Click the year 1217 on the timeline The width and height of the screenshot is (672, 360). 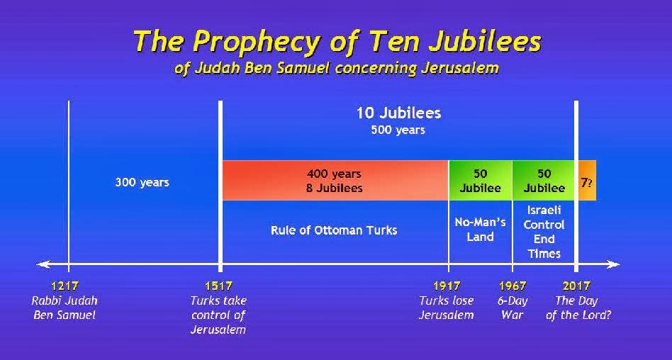tap(65, 286)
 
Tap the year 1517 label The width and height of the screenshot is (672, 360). tap(218, 286)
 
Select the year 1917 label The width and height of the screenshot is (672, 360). tap(447, 286)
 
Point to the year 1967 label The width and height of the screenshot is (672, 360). tap(513, 286)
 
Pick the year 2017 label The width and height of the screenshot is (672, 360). tap(576, 286)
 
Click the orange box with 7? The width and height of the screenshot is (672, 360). tap(587, 181)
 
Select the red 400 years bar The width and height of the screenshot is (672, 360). tap(335, 181)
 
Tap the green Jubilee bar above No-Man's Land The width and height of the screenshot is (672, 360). tap(481, 181)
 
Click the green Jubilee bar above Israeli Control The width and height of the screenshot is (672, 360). tap(544, 181)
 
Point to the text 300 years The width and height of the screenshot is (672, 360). tap(142, 183)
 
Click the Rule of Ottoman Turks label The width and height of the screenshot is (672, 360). tap(334, 230)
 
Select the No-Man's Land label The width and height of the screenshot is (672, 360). tap(480, 230)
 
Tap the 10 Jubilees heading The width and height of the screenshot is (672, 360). tap(398, 113)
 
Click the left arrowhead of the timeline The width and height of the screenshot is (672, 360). tap(43, 264)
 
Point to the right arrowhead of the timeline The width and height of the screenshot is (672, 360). tap(614, 264)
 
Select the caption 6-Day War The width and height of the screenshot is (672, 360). tap(513, 308)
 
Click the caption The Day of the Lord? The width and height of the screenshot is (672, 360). tap(578, 308)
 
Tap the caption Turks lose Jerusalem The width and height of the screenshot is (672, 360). tap(447, 308)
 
